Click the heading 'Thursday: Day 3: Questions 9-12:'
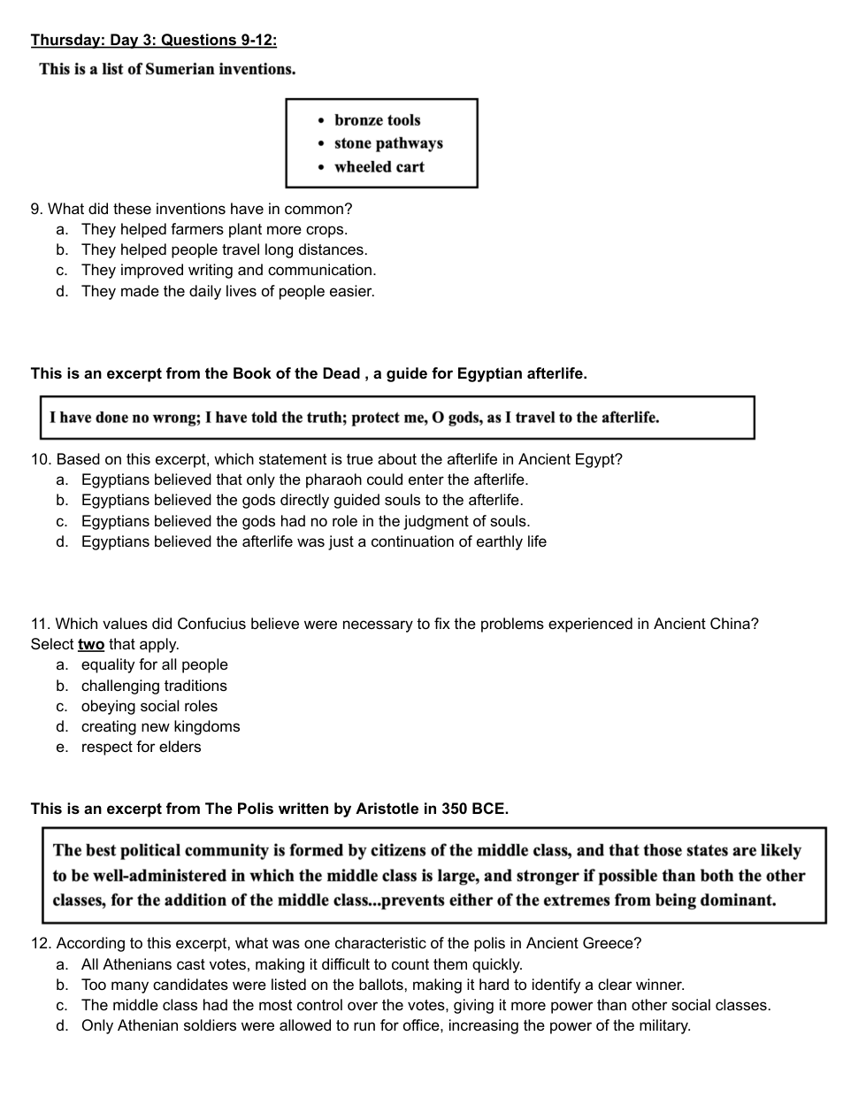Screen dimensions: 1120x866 coord(153,40)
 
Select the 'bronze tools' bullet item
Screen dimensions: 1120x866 coord(377,120)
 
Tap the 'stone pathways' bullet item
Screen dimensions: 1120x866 coord(388,143)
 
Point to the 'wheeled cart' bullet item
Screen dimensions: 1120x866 coord(379,166)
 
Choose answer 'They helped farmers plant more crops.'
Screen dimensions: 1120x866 coord(214,229)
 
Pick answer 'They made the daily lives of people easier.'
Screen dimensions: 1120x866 coord(227,291)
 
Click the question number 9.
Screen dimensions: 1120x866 coord(36,209)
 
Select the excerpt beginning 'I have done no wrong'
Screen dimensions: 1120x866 coord(354,418)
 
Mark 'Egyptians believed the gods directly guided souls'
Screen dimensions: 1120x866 coord(302,500)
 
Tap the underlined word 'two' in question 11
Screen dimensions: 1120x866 coord(91,644)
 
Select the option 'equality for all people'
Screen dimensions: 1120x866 coord(154,664)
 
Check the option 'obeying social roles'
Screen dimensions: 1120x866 coord(149,706)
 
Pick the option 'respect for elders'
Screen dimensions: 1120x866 coord(141,747)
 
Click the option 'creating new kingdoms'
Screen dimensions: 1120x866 coord(160,726)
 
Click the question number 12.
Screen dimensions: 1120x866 coord(41,943)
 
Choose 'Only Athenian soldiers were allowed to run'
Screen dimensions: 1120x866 coord(386,1025)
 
